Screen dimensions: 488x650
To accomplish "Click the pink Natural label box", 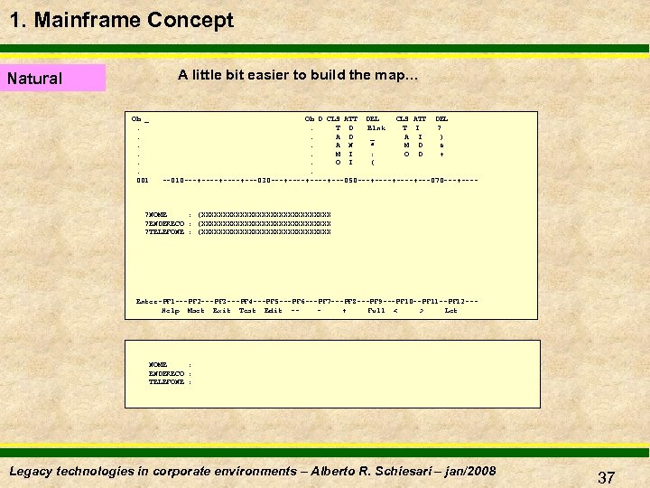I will pyautogui.click(x=54, y=79).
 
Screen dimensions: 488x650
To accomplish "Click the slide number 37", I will pyautogui.click(x=606, y=477).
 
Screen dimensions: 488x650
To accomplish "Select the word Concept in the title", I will pyautogui.click(x=195, y=20).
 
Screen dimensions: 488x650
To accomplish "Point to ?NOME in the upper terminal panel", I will pyautogui.click(x=156, y=214).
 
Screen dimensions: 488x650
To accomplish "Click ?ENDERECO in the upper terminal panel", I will pyautogui.click(x=165, y=223).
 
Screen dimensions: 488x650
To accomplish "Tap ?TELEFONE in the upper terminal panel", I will pyautogui.click(x=165, y=232).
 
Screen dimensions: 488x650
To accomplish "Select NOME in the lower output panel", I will pyautogui.click(x=158, y=364).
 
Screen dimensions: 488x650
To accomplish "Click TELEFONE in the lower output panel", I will pyautogui.click(x=166, y=382).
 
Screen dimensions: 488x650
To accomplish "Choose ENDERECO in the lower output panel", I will pyautogui.click(x=166, y=373).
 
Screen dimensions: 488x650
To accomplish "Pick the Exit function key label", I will pyautogui.click(x=221, y=310).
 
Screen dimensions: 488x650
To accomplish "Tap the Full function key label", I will pyautogui.click(x=376, y=310).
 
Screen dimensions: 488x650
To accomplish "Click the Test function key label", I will pyautogui.click(x=247, y=310).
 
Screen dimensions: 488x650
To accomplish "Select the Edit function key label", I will pyautogui.click(x=273, y=310).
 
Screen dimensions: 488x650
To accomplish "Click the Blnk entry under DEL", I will pyautogui.click(x=376, y=128).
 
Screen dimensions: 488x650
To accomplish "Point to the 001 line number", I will pyautogui.click(x=142, y=180).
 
